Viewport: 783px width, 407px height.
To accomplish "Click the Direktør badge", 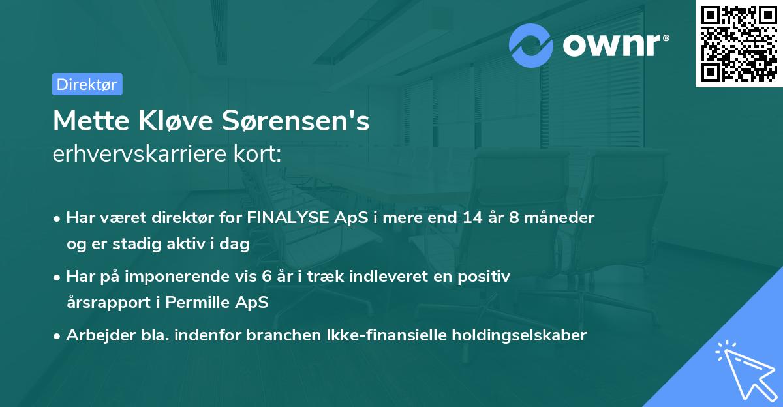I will click(87, 84).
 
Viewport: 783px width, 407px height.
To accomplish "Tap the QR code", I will click(739, 43).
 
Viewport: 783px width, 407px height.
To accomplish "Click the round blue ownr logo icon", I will click(531, 46).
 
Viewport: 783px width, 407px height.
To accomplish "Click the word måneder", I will click(562, 218).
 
